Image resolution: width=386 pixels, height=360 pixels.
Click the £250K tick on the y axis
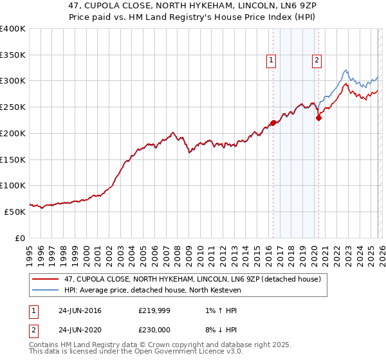pos(13,107)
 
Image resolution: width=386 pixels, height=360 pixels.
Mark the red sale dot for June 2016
pos(273,123)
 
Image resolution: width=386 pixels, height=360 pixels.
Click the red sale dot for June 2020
pos(318,118)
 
